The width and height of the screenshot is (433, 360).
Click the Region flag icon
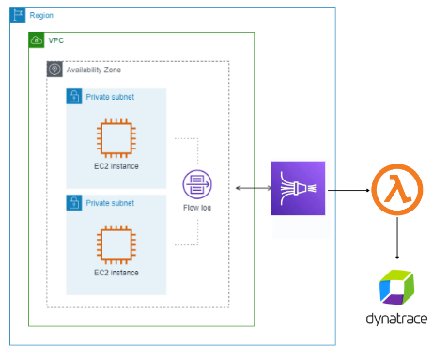coord(17,16)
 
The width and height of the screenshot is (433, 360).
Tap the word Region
coord(41,16)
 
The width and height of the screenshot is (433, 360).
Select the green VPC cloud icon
coord(37,41)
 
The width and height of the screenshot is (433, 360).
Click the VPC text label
coord(56,41)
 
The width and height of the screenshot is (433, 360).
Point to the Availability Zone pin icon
coord(54,70)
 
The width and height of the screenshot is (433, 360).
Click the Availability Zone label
coord(93,70)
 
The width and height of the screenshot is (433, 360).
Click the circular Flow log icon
coord(196,182)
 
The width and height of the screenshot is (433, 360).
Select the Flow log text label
coord(196,206)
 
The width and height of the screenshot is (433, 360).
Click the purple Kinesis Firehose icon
coord(297,189)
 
